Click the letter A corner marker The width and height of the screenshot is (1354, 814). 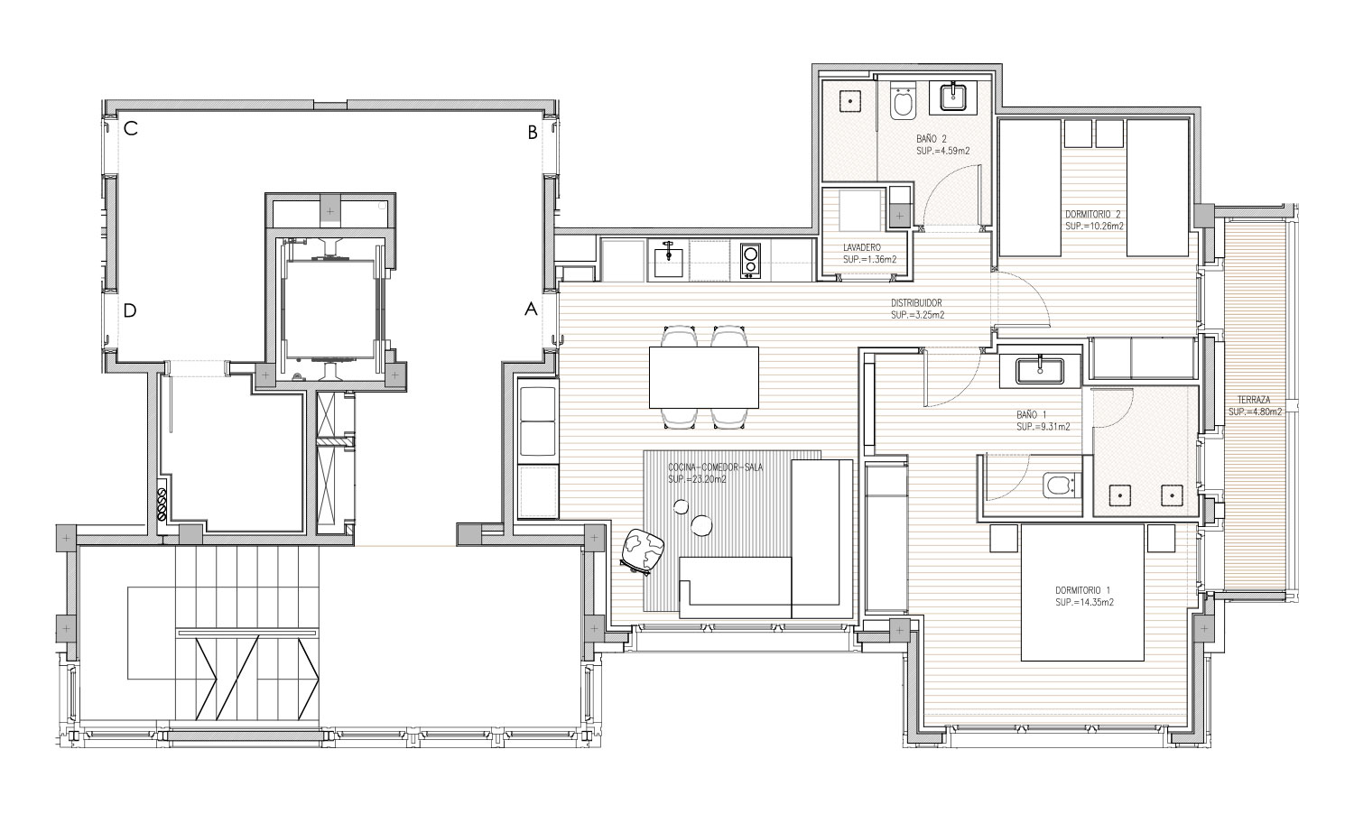tap(531, 310)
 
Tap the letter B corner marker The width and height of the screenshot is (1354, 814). tap(533, 133)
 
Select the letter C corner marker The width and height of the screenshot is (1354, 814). tap(131, 129)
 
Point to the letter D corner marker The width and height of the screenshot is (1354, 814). tap(130, 310)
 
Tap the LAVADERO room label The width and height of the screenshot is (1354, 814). tap(862, 248)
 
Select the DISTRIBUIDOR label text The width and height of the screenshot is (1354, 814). tap(916, 303)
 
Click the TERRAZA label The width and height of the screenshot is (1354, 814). tap(1254, 400)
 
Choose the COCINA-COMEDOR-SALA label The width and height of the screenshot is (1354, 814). tap(716, 467)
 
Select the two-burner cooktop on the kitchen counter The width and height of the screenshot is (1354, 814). tap(750, 261)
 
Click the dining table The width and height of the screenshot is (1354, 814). tap(703, 377)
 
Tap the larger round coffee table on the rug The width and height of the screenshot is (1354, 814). tap(701, 524)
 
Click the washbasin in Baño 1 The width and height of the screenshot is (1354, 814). tap(1039, 370)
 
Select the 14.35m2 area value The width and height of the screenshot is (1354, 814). tap(1084, 603)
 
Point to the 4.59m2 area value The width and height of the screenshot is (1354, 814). tap(942, 151)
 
